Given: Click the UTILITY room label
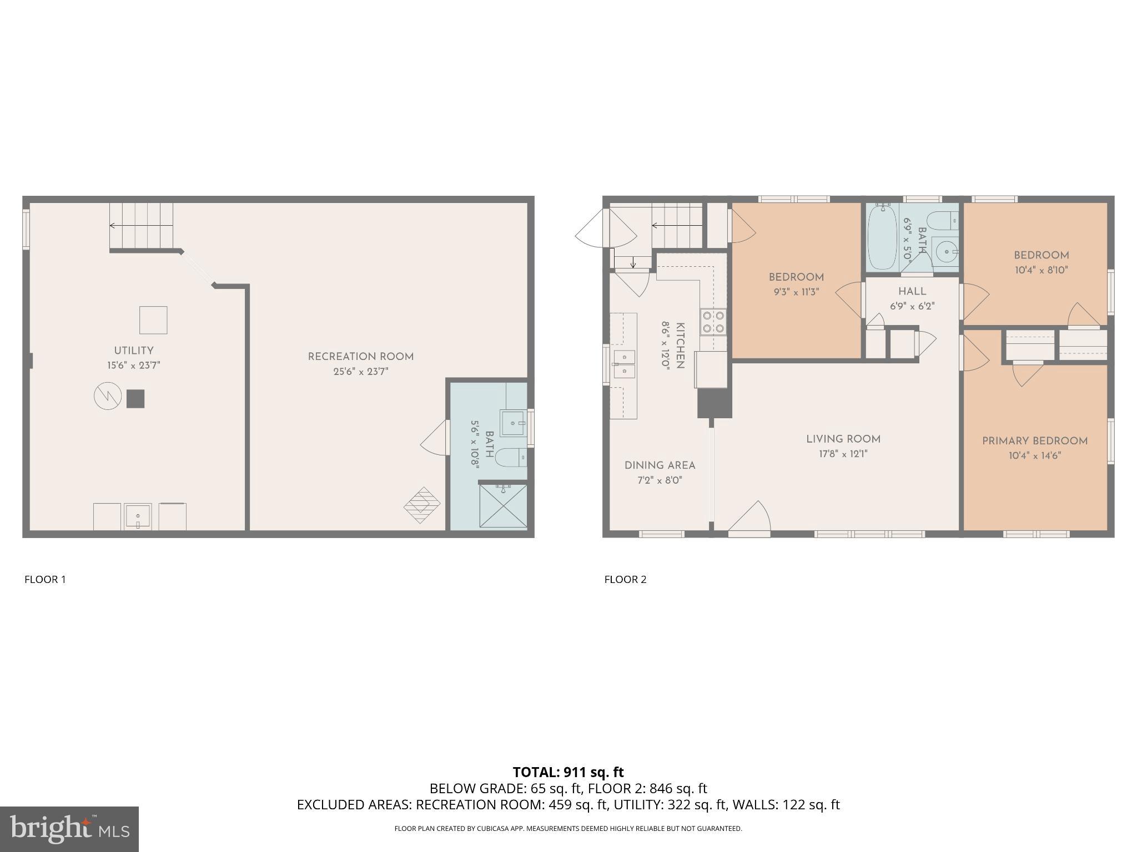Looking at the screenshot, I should [x=133, y=351].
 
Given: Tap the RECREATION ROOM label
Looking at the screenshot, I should [x=361, y=357].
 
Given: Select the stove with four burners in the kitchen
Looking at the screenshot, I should [x=713, y=322].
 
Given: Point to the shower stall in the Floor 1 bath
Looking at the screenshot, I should [x=502, y=506].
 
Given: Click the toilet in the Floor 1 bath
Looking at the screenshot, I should [x=510, y=458].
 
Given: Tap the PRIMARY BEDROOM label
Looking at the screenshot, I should [x=1034, y=441].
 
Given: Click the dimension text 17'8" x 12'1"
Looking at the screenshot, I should [x=843, y=454].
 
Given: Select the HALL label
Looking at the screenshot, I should [x=912, y=291].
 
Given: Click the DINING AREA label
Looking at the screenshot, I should [x=660, y=465].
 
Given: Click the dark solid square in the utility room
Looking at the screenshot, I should [x=135, y=399].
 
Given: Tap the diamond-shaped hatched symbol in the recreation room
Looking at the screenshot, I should [x=422, y=505].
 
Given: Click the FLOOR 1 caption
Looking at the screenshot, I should [x=45, y=580].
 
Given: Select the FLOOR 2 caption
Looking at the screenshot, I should [x=625, y=580].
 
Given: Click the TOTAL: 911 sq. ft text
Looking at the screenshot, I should [x=568, y=772].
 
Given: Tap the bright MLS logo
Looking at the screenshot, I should [x=69, y=829].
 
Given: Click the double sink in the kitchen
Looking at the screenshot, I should [x=625, y=363].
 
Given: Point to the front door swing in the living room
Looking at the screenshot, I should [x=751, y=519].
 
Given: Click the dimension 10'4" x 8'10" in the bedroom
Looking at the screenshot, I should [x=1041, y=270].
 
